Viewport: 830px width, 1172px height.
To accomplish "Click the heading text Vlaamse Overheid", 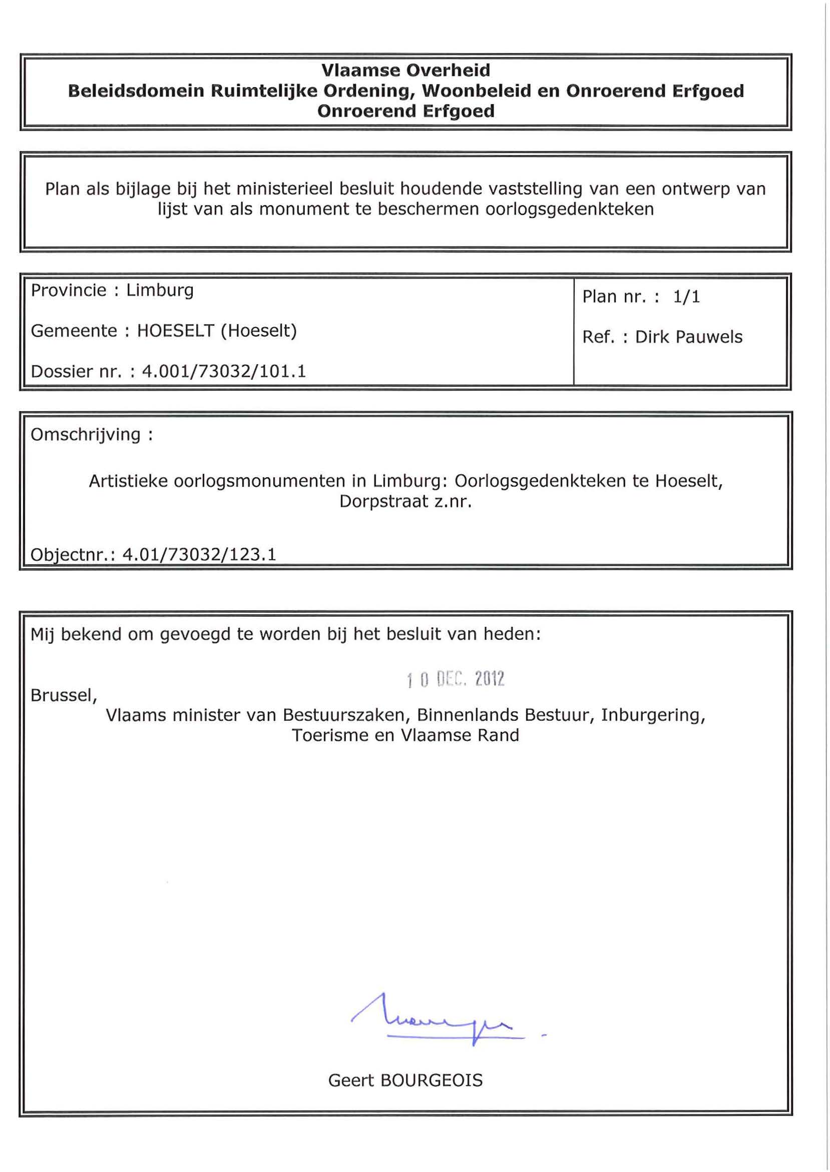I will click(x=406, y=70).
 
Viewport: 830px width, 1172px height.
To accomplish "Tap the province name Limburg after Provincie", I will click(x=160, y=291).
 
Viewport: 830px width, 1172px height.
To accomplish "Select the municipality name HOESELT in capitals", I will click(x=175, y=331).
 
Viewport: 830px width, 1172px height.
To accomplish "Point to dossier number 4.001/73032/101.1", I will click(x=224, y=371).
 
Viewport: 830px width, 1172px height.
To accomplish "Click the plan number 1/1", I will click(x=686, y=297).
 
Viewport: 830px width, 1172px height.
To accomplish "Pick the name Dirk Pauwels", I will click(x=688, y=337).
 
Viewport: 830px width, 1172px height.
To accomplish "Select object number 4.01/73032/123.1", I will click(x=199, y=555).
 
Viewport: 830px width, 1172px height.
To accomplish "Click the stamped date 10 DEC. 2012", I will click(x=456, y=679).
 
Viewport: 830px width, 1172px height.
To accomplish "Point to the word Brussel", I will click(x=64, y=695).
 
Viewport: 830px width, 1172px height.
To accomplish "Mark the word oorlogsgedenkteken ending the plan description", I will click(x=569, y=210).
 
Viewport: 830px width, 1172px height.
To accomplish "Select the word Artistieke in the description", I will click(x=128, y=481).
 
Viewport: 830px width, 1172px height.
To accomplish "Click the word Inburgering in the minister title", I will click(x=653, y=715).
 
